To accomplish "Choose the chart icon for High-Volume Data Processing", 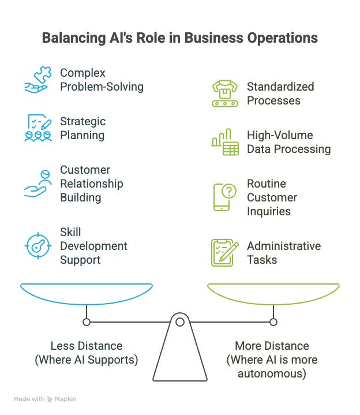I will point(225,142).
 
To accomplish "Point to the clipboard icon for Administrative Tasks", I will point(225,253).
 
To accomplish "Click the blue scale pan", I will point(87,292).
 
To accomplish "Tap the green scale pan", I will point(273,292).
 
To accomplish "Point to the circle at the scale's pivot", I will point(180,321).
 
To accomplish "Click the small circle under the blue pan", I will point(87,321).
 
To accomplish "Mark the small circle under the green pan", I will point(273,321).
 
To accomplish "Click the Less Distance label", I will point(87,346).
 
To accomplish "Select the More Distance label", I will point(272,346).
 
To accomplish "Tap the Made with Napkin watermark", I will point(45,399).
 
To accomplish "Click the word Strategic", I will point(82,122).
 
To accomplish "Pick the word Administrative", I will point(284,246).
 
